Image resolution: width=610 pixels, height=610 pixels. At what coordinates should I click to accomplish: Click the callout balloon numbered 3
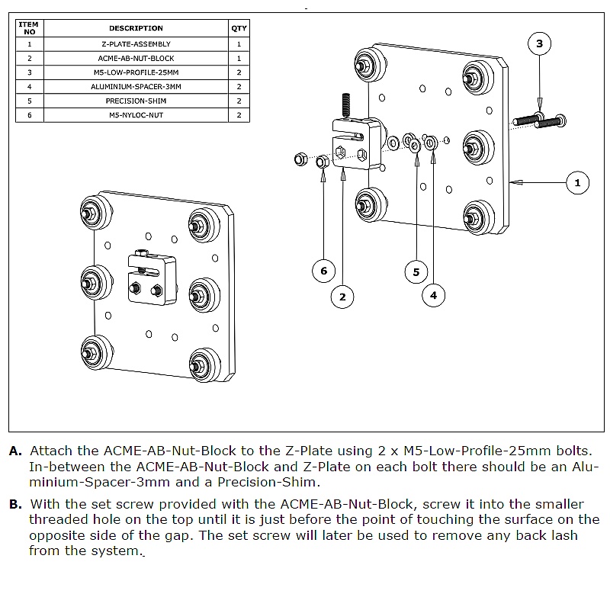point(539,43)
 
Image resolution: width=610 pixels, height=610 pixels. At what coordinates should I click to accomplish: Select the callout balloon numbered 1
point(577,182)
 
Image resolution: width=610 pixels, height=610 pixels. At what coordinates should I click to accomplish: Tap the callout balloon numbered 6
point(323,271)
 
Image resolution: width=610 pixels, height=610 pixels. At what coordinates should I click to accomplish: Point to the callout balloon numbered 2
point(342,296)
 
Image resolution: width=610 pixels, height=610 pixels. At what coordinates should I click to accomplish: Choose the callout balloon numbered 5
point(416,271)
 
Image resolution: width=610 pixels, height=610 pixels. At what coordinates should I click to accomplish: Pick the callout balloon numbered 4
point(433,295)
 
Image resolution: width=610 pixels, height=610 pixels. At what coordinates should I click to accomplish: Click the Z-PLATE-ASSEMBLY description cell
point(136,44)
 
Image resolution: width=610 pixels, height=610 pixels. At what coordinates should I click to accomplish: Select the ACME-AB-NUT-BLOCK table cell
point(136,58)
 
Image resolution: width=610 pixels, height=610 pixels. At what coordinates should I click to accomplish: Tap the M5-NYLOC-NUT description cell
point(136,115)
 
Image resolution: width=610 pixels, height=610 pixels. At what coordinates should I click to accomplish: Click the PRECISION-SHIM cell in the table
point(136,101)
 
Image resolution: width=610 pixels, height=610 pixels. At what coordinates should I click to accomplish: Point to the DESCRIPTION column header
point(136,28)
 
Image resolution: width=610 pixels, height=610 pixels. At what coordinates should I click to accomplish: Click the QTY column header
point(239,28)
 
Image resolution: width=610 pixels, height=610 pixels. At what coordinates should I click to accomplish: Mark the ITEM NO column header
point(29,28)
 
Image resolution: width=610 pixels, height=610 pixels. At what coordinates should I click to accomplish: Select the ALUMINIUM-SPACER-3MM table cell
point(136,86)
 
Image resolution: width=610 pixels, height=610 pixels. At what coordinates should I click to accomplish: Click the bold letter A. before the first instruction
point(15,451)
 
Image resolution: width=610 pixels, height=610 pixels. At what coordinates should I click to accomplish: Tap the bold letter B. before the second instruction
point(15,505)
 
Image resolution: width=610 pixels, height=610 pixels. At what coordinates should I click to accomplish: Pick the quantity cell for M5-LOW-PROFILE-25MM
point(239,72)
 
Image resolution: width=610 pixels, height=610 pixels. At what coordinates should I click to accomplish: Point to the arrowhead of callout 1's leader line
point(512,182)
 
